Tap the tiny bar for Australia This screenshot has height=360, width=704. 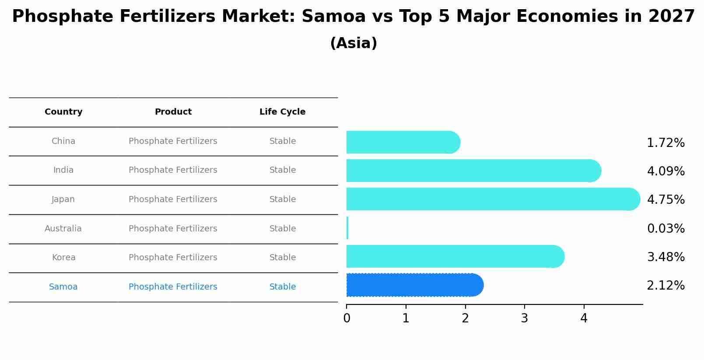(347, 228)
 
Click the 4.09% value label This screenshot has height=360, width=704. (665, 171)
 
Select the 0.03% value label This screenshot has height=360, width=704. (665, 228)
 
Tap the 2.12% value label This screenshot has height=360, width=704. (665, 286)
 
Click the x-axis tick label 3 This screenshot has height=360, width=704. (524, 318)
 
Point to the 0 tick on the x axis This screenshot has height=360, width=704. (347, 318)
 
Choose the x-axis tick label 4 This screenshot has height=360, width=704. (584, 318)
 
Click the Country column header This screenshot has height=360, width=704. (63, 112)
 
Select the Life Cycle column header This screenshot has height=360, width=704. (282, 112)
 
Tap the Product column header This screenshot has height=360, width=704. (173, 112)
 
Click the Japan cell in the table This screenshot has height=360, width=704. (63, 199)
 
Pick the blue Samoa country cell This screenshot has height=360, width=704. (63, 287)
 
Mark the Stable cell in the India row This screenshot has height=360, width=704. (282, 170)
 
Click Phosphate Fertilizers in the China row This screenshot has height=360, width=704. (173, 141)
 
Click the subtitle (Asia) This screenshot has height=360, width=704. (354, 43)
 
